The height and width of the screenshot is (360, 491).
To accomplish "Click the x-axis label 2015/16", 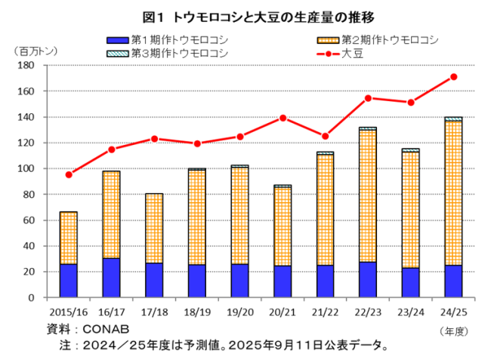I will [x=69, y=309].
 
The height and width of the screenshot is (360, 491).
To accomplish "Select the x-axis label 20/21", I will [x=281, y=309].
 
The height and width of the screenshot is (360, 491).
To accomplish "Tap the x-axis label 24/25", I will [x=453, y=309].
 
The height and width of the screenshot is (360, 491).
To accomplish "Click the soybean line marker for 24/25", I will [x=453, y=76].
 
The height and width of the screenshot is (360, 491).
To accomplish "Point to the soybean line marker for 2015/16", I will [x=69, y=174].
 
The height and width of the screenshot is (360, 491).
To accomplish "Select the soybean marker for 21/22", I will [x=326, y=137].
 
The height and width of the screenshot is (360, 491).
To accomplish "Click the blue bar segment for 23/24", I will [x=411, y=282].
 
